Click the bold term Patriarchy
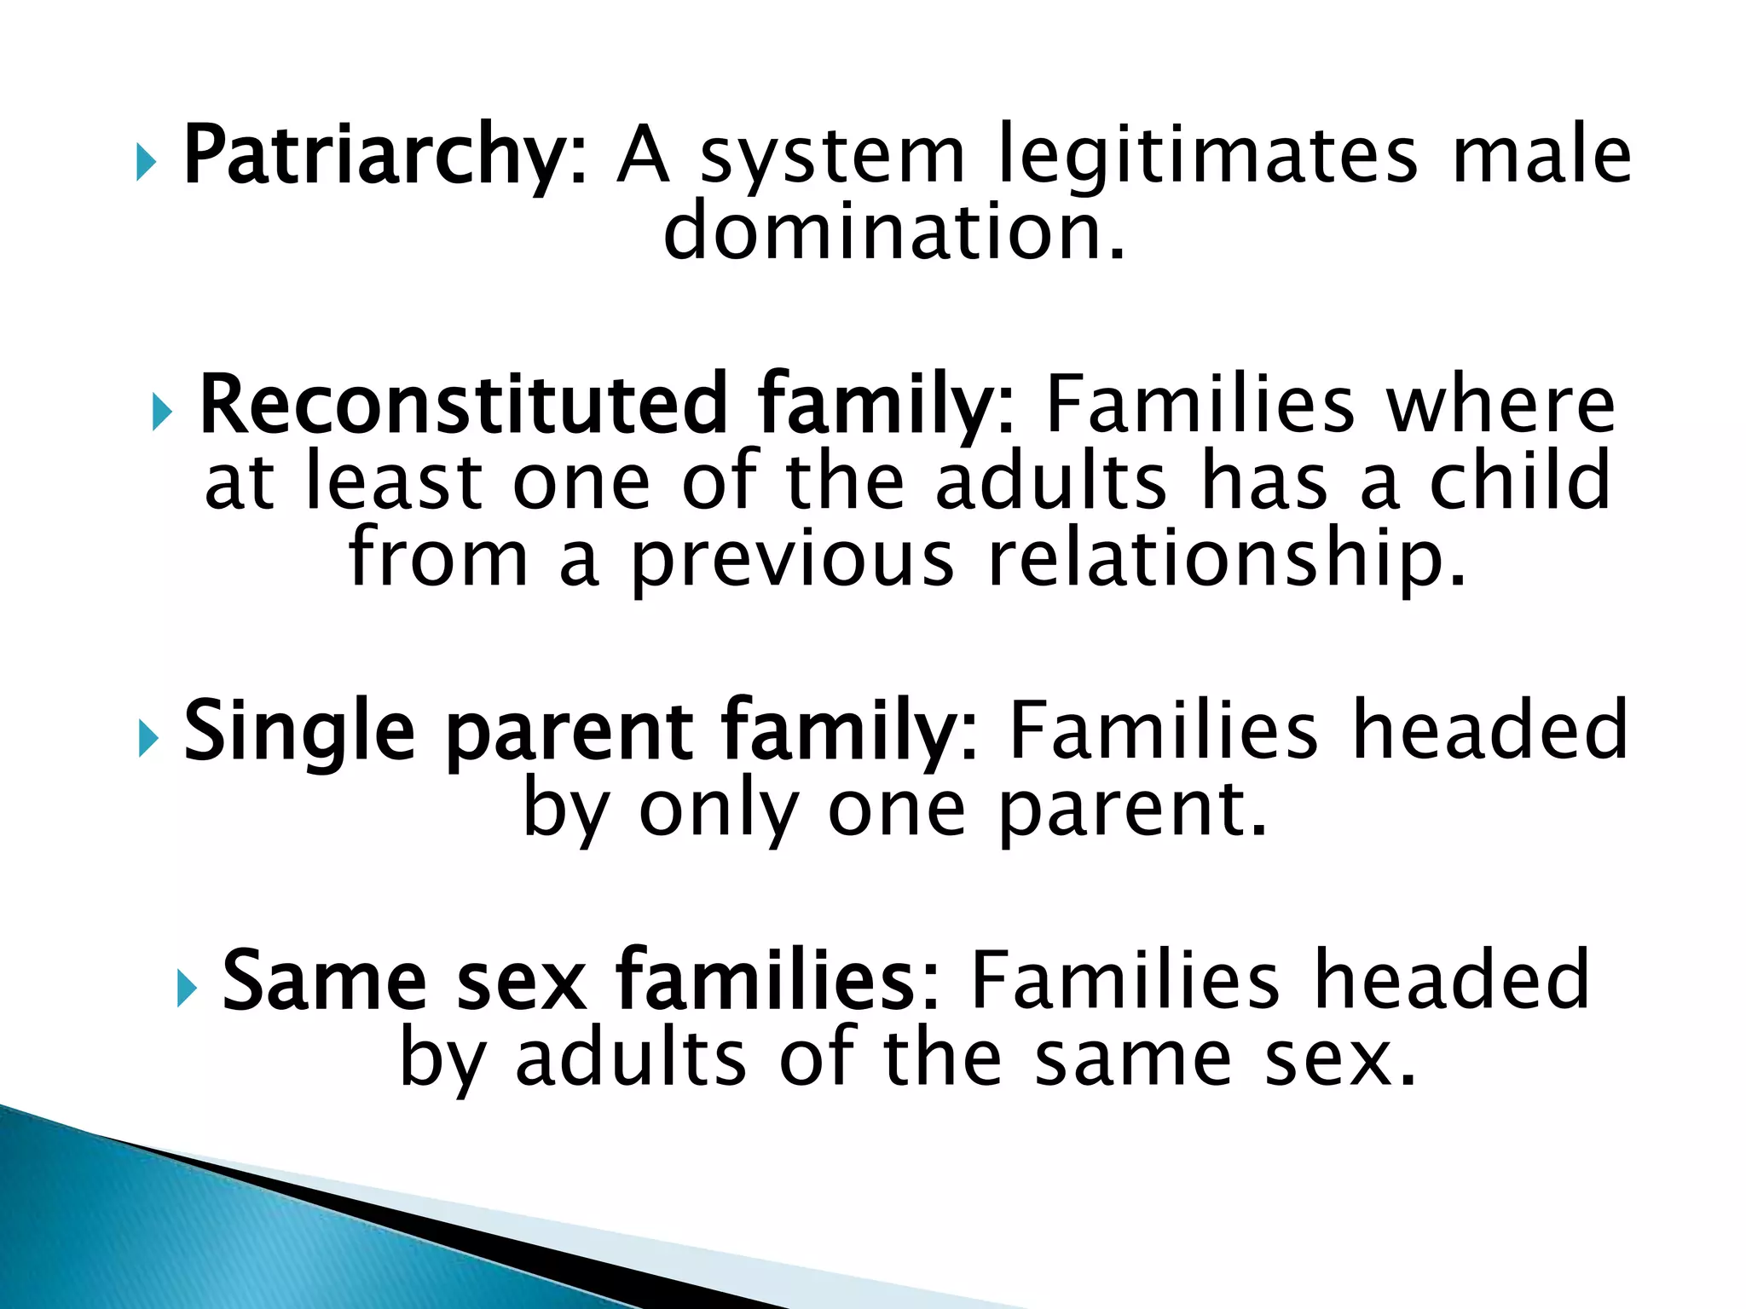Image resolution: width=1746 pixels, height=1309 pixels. point(375,156)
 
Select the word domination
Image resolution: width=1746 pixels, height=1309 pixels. point(893,232)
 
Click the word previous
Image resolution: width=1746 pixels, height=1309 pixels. point(793,560)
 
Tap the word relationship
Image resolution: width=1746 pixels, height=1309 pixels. point(1228,560)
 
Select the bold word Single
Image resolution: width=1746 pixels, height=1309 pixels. point(299,731)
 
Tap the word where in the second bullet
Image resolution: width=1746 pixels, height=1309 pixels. point(1500,405)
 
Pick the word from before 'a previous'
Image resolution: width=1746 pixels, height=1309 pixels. point(438,560)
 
